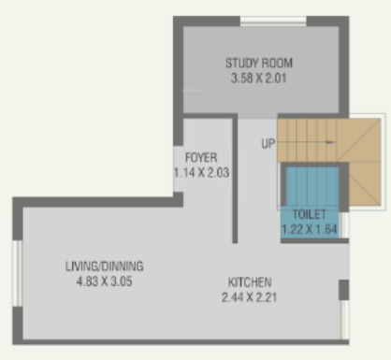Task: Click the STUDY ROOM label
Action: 259,64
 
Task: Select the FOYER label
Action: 201,157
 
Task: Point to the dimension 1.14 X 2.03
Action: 201,171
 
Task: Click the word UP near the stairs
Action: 268,144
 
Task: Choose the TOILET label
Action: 309,213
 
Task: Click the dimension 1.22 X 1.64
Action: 310,227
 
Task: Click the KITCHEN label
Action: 250,283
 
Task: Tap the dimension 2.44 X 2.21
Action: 250,298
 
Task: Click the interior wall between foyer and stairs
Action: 234,178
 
